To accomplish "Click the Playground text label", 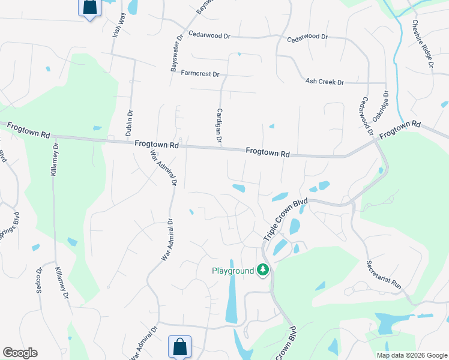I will point(233,271).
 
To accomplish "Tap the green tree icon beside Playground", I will point(262,271).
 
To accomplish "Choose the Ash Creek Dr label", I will point(324,82).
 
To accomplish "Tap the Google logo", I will point(20,353).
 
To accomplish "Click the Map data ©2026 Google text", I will point(411,355).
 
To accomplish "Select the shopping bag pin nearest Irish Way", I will point(89,7).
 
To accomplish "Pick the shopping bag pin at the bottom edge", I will point(179,346).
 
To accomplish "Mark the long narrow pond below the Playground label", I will point(231,300).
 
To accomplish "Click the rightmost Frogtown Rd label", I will point(400,129).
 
